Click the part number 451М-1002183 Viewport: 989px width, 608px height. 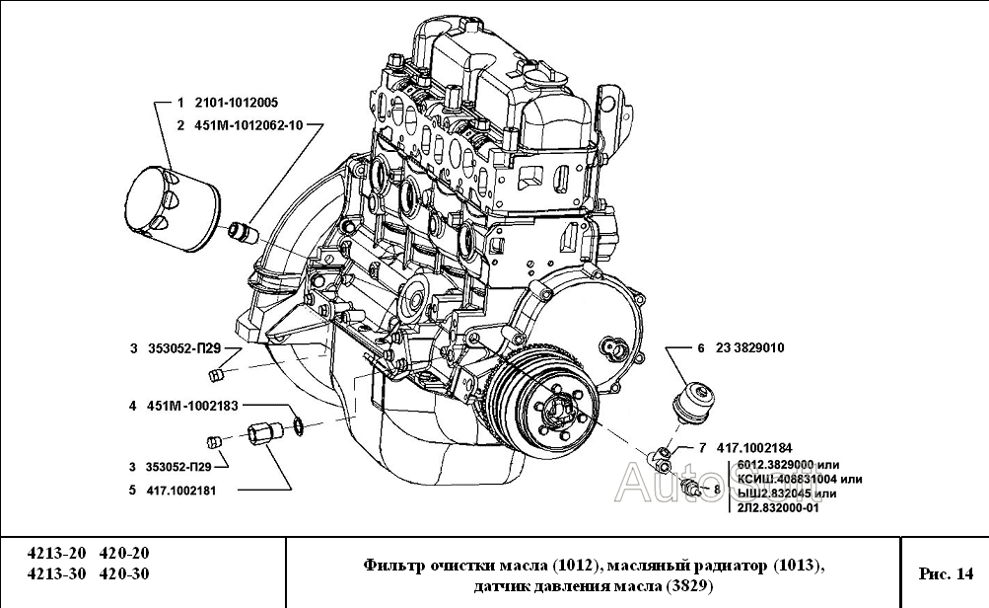tap(192, 405)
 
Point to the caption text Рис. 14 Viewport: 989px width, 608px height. tap(945, 572)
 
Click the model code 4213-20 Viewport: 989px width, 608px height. tap(56, 554)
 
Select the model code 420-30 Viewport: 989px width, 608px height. tap(127, 573)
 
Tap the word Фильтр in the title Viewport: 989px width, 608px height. tap(394, 565)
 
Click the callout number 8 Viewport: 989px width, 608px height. tap(716, 488)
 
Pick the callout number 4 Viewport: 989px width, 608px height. tap(131, 405)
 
